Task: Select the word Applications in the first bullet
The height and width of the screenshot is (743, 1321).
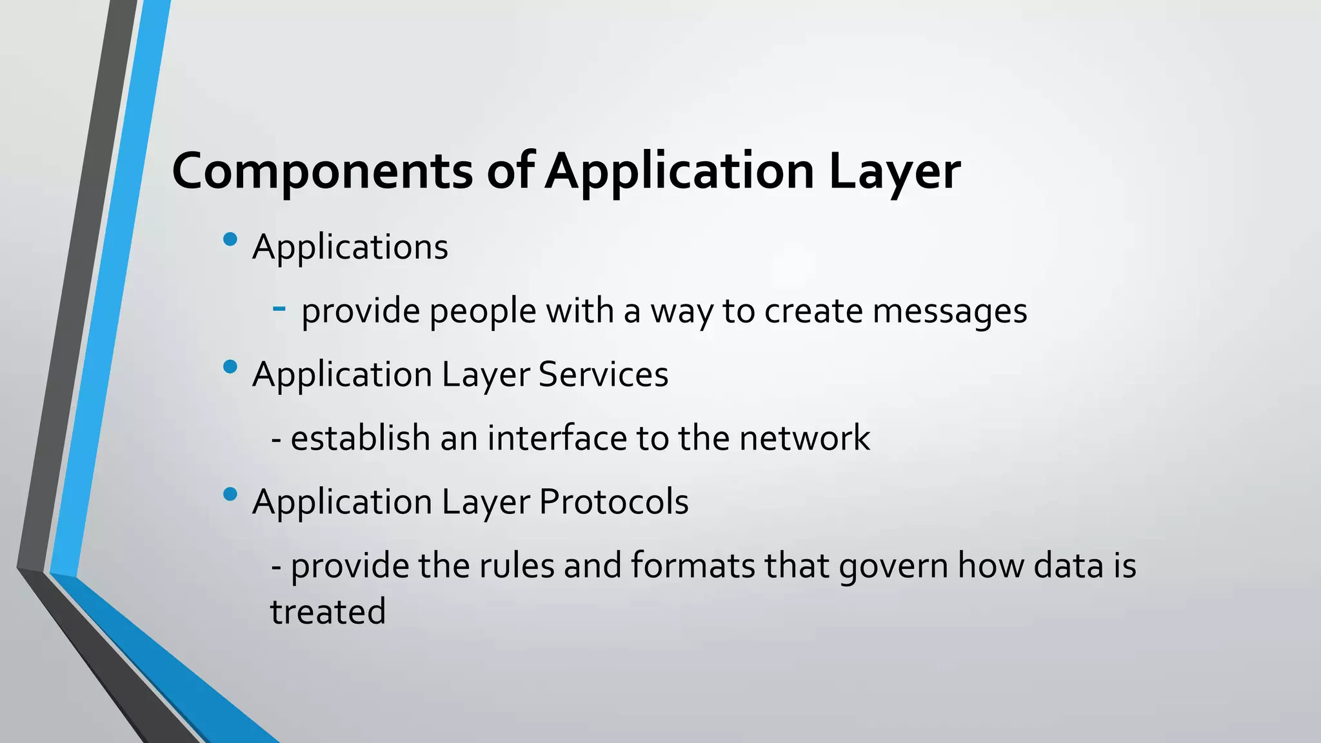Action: click(x=350, y=247)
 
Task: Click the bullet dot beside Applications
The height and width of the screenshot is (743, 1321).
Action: click(x=230, y=240)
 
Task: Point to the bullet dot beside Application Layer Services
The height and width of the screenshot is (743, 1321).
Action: click(x=230, y=367)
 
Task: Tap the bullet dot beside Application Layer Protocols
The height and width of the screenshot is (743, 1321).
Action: click(x=230, y=495)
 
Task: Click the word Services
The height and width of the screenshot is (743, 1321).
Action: click(x=603, y=374)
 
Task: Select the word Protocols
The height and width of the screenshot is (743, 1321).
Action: click(x=613, y=502)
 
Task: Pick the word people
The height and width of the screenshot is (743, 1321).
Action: click(x=482, y=312)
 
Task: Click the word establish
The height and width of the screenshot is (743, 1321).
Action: click(x=361, y=439)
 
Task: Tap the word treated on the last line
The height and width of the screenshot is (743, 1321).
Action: click(x=328, y=612)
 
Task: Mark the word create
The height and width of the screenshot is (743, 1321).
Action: click(x=813, y=312)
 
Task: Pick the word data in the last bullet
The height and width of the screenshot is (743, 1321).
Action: click(x=1068, y=566)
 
